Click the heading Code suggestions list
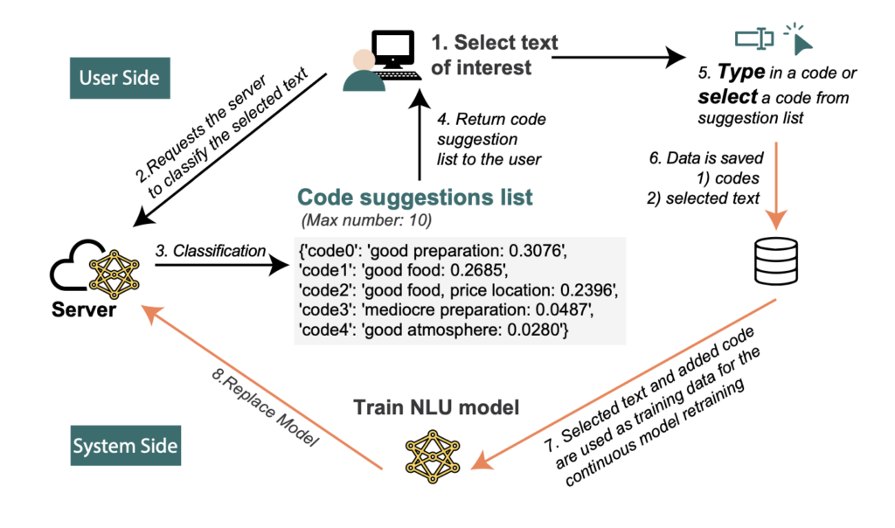coord(414,197)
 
